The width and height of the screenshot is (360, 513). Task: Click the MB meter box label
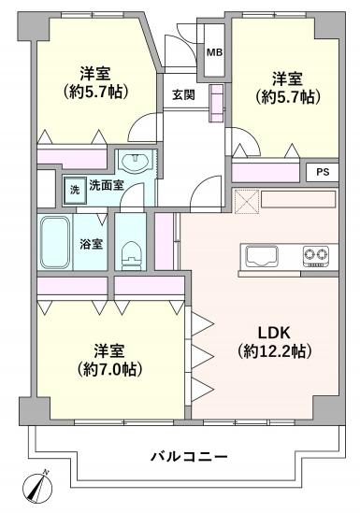pyautogui.click(x=215, y=52)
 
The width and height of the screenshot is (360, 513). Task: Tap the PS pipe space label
pyautogui.click(x=323, y=172)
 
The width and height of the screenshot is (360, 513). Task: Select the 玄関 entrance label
pyautogui.click(x=184, y=95)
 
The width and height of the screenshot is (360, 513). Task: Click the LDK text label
pyautogui.click(x=274, y=333)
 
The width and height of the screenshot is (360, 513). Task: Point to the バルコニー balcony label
pyautogui.click(x=189, y=456)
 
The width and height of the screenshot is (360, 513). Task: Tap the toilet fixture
pyautogui.click(x=132, y=256)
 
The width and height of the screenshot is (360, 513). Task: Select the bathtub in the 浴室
pyautogui.click(x=55, y=242)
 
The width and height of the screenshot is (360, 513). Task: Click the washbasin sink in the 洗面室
pyautogui.click(x=136, y=161)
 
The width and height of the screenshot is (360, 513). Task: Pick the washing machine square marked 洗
pyautogui.click(x=75, y=191)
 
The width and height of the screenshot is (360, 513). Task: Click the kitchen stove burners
pyautogui.click(x=316, y=256)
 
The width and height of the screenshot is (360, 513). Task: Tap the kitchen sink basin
pyautogui.click(x=262, y=255)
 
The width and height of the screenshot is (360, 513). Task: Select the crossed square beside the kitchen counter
pyautogui.click(x=245, y=201)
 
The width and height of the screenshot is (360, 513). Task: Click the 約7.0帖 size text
pyautogui.click(x=109, y=369)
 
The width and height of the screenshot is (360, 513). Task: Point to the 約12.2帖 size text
pyautogui.click(x=274, y=351)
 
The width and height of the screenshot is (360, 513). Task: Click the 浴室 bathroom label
pyautogui.click(x=92, y=244)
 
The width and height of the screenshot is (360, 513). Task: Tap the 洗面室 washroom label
pyautogui.click(x=107, y=186)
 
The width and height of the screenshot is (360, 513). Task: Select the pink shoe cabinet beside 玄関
pyautogui.click(x=216, y=103)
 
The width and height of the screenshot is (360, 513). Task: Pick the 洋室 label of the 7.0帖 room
pyautogui.click(x=109, y=351)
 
